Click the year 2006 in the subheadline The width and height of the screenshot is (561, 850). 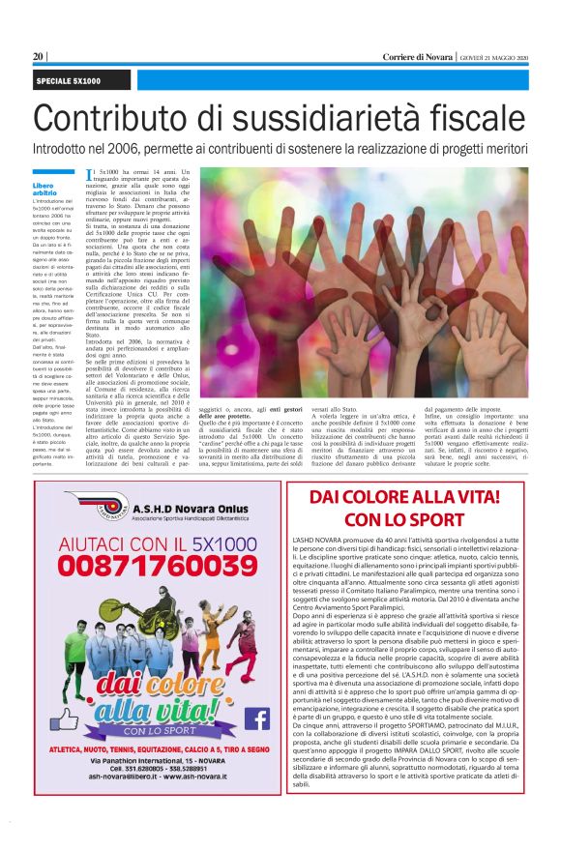click(x=145, y=150)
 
